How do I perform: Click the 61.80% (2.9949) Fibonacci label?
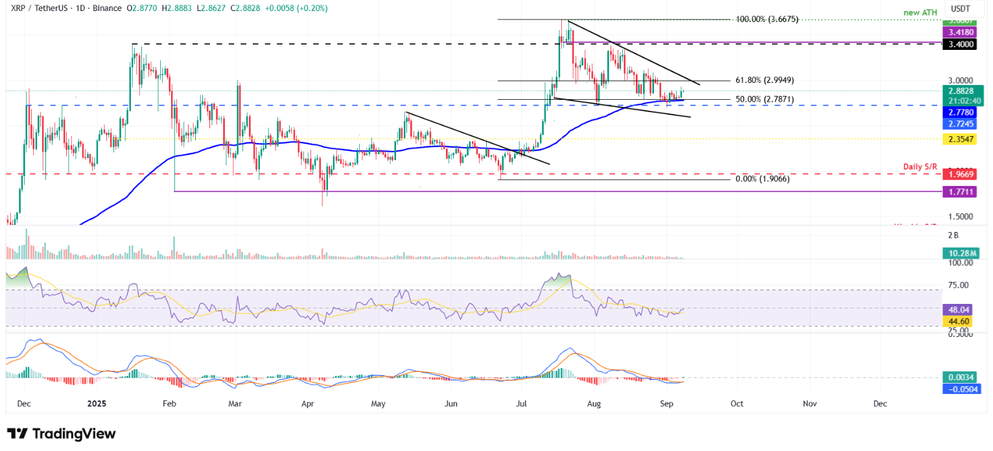764,80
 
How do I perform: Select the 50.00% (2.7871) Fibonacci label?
764,100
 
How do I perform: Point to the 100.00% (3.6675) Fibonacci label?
766,20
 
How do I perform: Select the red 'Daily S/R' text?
921,167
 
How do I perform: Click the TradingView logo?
61,434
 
